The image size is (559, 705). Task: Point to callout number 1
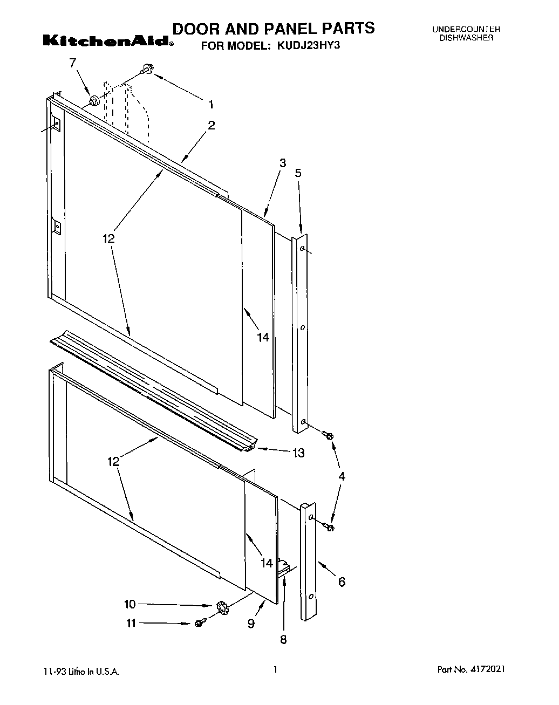pos(211,105)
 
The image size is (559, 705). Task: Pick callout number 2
pos(211,126)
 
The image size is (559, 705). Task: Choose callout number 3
pos(282,163)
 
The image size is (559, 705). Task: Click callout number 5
pos(298,173)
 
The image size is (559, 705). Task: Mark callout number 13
pos(298,453)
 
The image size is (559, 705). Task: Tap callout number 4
pos(342,476)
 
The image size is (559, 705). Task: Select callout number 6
pos(342,582)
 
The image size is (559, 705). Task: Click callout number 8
pos(283,640)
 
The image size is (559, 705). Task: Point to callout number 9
pos(251,624)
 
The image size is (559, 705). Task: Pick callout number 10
pos(131,604)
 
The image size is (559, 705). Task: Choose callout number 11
pos(131,623)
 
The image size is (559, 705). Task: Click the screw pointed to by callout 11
pos(199,623)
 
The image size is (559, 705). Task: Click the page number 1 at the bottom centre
pos(275,669)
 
